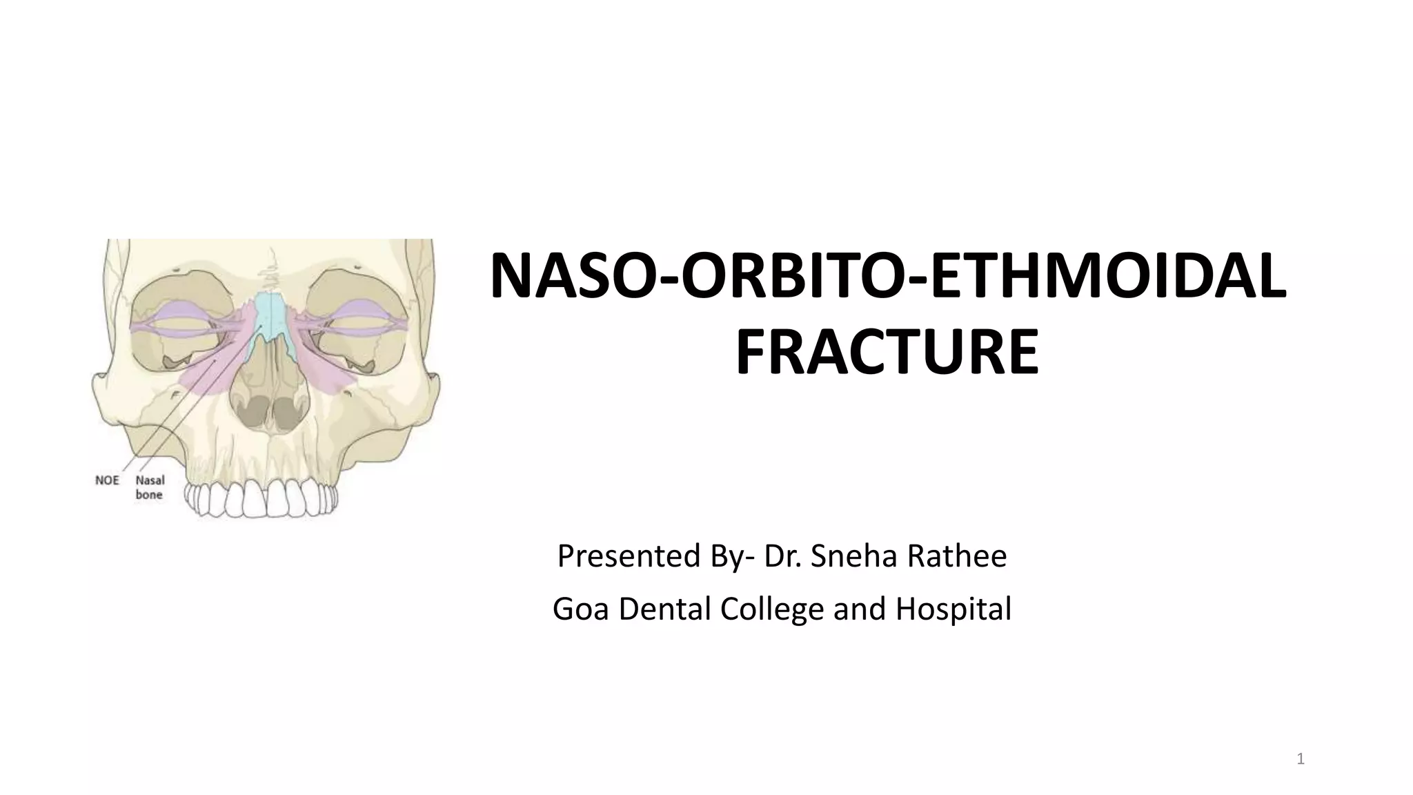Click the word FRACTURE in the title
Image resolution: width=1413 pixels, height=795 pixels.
click(887, 353)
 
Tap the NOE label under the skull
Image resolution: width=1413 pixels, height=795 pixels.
click(107, 480)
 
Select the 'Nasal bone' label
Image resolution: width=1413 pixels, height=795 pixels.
click(149, 487)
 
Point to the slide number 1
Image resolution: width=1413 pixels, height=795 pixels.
click(1301, 760)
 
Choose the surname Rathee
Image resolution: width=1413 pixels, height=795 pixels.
click(957, 556)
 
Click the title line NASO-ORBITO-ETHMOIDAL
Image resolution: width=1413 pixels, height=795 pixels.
click(887, 277)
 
